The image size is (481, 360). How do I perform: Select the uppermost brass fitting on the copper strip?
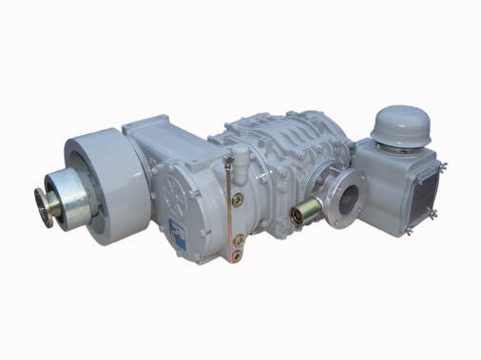click(238, 199)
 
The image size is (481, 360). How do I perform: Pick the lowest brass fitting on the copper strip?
click(238, 255)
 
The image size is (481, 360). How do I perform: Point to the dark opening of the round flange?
click(348, 200)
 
